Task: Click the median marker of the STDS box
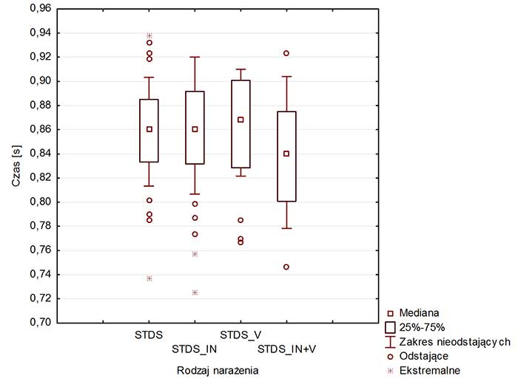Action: coord(149,129)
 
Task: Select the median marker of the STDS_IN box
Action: coord(195,129)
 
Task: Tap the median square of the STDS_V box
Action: coord(240,120)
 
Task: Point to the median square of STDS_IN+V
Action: coord(286,154)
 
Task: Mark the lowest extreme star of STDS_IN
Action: coord(195,292)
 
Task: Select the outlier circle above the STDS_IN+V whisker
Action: coord(286,53)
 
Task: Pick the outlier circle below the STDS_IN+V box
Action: coord(286,267)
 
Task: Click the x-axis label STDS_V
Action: coord(240,335)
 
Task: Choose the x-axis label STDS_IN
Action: coord(195,348)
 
